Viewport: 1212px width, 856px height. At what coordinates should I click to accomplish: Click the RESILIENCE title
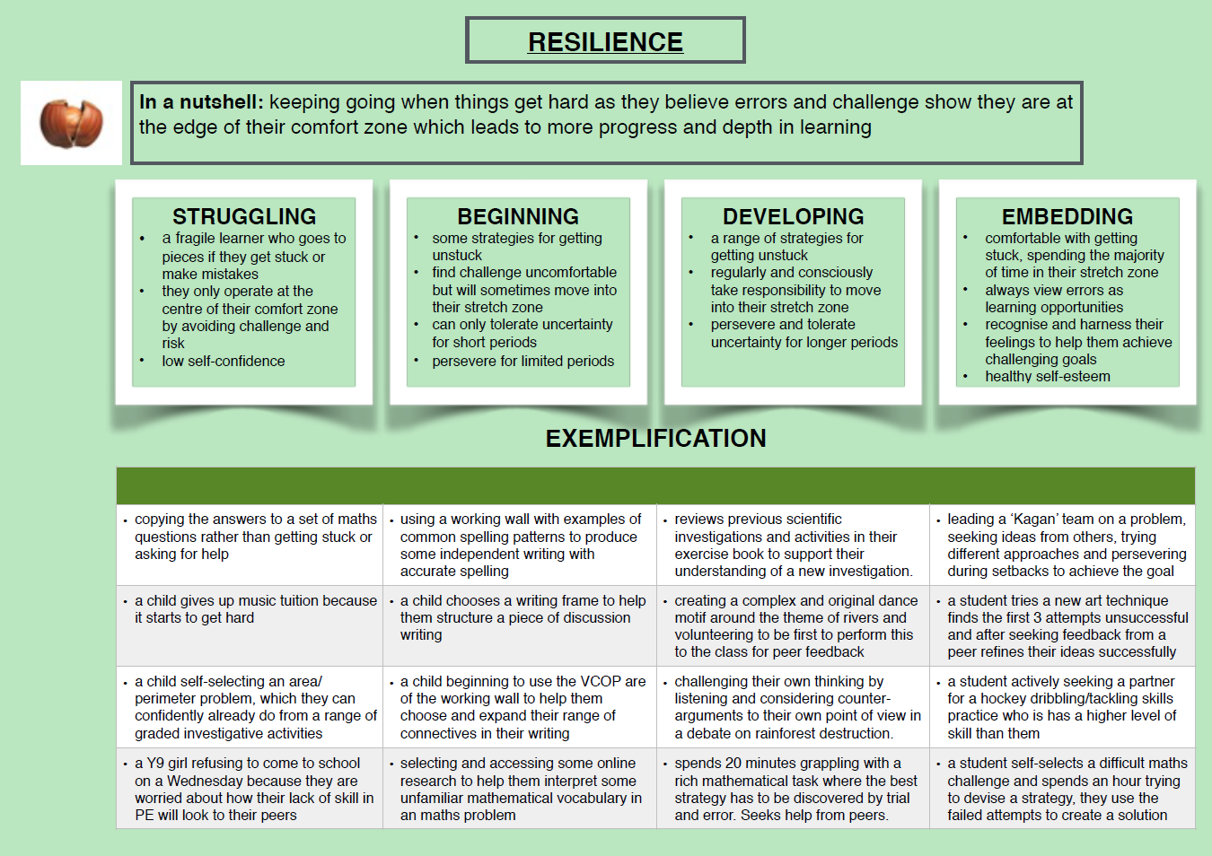(605, 41)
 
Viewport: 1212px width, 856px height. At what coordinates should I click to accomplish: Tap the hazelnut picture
(71, 123)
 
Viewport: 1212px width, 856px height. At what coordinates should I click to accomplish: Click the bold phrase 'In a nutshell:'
(201, 101)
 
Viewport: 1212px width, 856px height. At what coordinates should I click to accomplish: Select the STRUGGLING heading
(244, 216)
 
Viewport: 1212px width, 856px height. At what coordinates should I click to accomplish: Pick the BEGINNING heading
(518, 216)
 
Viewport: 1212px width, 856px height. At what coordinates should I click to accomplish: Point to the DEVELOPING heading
(794, 216)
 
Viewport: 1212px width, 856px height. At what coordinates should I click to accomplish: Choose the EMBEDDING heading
(1067, 216)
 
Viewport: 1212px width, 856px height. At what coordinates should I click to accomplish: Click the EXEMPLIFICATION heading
(655, 438)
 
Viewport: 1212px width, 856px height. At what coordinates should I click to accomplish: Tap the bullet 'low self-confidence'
(223, 361)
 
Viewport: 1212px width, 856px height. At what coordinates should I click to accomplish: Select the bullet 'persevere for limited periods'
(523, 361)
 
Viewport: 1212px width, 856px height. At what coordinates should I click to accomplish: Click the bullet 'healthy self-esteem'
(1048, 376)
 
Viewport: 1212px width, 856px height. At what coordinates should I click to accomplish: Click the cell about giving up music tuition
(250, 625)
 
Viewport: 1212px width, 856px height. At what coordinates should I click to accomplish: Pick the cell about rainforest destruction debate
(794, 707)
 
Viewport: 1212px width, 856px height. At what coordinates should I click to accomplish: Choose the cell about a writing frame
(520, 625)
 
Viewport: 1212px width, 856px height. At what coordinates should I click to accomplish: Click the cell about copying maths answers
(250, 545)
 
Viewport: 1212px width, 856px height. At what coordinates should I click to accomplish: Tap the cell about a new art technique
(1063, 625)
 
